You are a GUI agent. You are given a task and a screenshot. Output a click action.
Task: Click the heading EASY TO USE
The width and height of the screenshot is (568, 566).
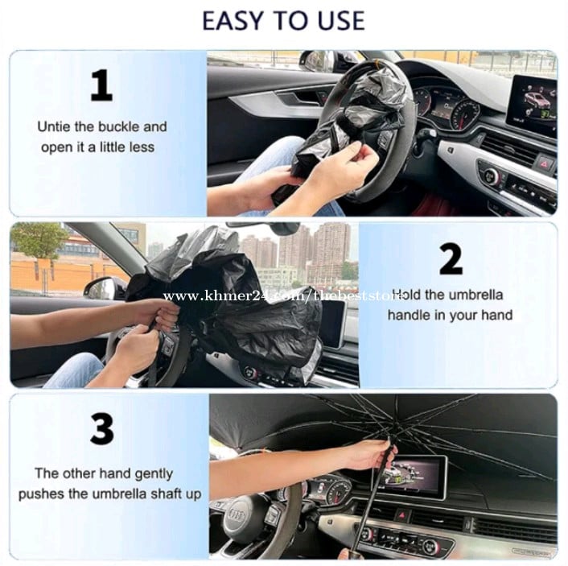coord(283,21)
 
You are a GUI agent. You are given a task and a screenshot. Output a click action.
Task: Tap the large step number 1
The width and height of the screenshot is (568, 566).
coord(101,85)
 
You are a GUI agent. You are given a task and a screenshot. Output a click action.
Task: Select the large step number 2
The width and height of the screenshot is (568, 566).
coord(451,259)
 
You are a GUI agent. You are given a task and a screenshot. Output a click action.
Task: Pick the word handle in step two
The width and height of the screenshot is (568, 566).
coord(410,315)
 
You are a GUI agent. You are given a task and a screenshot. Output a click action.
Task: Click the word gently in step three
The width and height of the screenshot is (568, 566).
coord(153,475)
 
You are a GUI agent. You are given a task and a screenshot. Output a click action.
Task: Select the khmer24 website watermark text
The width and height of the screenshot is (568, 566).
coord(283,296)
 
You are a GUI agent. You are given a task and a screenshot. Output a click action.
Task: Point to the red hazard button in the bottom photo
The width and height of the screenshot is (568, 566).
coord(401,514)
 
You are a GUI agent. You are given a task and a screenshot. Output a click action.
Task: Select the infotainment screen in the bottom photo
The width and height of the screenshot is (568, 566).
coord(417,475)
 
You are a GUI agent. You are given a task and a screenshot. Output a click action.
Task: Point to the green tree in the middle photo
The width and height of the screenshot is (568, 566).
coord(38,241)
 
